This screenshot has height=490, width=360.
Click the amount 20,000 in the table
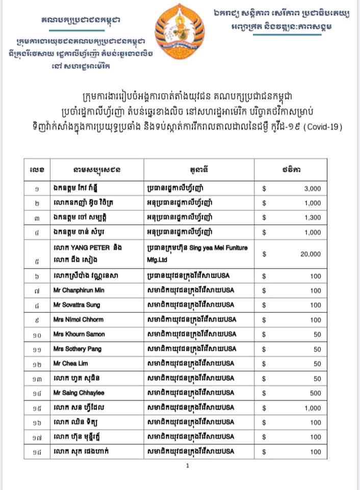(311, 254)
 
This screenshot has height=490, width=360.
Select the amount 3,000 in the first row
(312, 188)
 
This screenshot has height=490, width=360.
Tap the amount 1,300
(312, 217)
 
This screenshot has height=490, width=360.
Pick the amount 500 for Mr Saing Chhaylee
(316, 393)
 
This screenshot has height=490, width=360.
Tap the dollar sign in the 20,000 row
(265, 254)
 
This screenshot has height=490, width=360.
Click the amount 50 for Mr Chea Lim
(317, 364)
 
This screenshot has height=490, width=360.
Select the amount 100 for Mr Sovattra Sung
(316, 305)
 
